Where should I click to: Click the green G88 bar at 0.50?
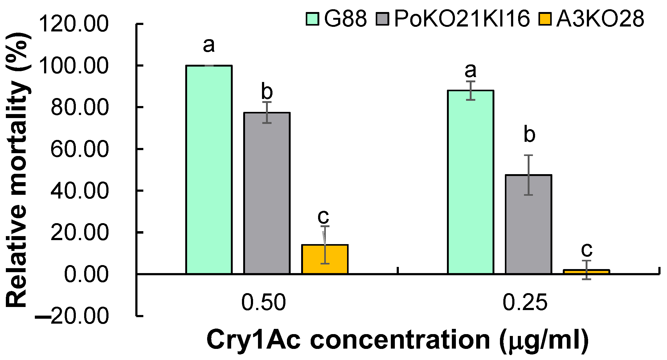coord(209,170)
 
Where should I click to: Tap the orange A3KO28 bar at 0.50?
coord(325,259)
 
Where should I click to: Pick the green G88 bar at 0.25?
coord(470,182)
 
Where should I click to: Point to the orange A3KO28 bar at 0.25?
coord(586,272)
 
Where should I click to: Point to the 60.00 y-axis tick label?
coord(80,149)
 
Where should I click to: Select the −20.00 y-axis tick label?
coord(72,316)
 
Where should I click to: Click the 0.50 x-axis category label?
coord(264,302)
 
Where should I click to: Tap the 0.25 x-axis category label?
coord(525,302)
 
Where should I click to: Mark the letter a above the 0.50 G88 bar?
coord(209,46)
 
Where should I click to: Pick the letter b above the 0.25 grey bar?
coord(529,135)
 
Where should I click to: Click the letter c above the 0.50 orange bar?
coord(323,217)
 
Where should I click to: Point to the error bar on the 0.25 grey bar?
coord(528,175)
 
